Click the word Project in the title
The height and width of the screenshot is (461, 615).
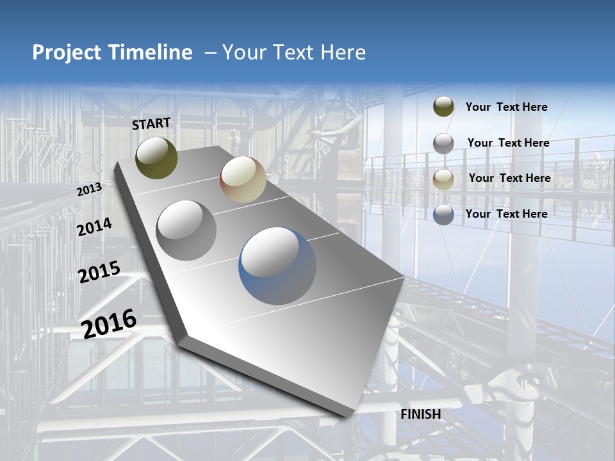65,53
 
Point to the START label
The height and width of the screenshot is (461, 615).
151,124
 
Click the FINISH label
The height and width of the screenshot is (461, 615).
421,414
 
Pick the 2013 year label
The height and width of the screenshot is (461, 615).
89,190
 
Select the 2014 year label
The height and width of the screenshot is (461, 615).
94,227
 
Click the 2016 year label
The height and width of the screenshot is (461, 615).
109,324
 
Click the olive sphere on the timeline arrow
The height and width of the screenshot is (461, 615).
157,158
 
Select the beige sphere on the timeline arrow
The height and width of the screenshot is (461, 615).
243,179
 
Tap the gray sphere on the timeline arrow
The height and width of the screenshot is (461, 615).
186,230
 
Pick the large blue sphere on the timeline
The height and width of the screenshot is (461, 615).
277,266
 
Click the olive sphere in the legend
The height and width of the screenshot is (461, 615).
443,107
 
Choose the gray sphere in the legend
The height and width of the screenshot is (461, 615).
443,143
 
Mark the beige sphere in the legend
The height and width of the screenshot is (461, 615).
443,179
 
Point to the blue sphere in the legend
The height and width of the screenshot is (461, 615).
443,214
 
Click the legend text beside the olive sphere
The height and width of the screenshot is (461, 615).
506,108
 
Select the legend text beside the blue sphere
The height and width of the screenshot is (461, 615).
506,214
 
